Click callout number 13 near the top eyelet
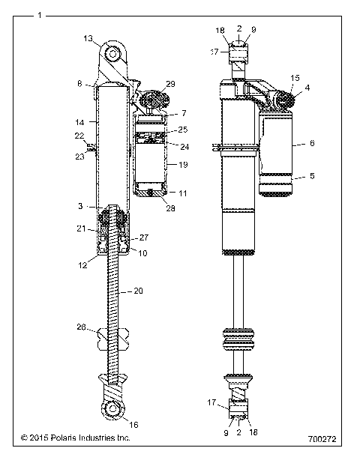[x=88, y=38]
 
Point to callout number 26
[x=82, y=327]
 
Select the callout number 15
[x=295, y=77]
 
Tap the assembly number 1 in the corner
[x=39, y=13]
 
